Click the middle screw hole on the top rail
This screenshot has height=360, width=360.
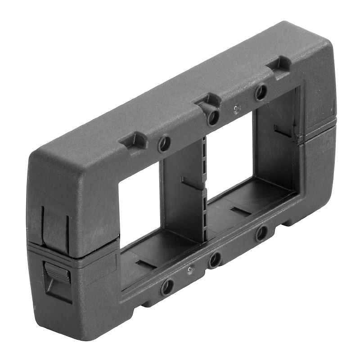tap(213, 117)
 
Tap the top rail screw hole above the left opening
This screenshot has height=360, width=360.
tap(164, 144)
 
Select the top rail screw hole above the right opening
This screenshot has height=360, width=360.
tap(260, 93)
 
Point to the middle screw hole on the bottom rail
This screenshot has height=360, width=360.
tap(214, 260)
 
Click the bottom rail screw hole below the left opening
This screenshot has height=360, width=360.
tap(167, 286)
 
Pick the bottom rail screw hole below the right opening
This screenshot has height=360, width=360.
tap(261, 233)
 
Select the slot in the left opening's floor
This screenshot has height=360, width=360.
tap(145, 264)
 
